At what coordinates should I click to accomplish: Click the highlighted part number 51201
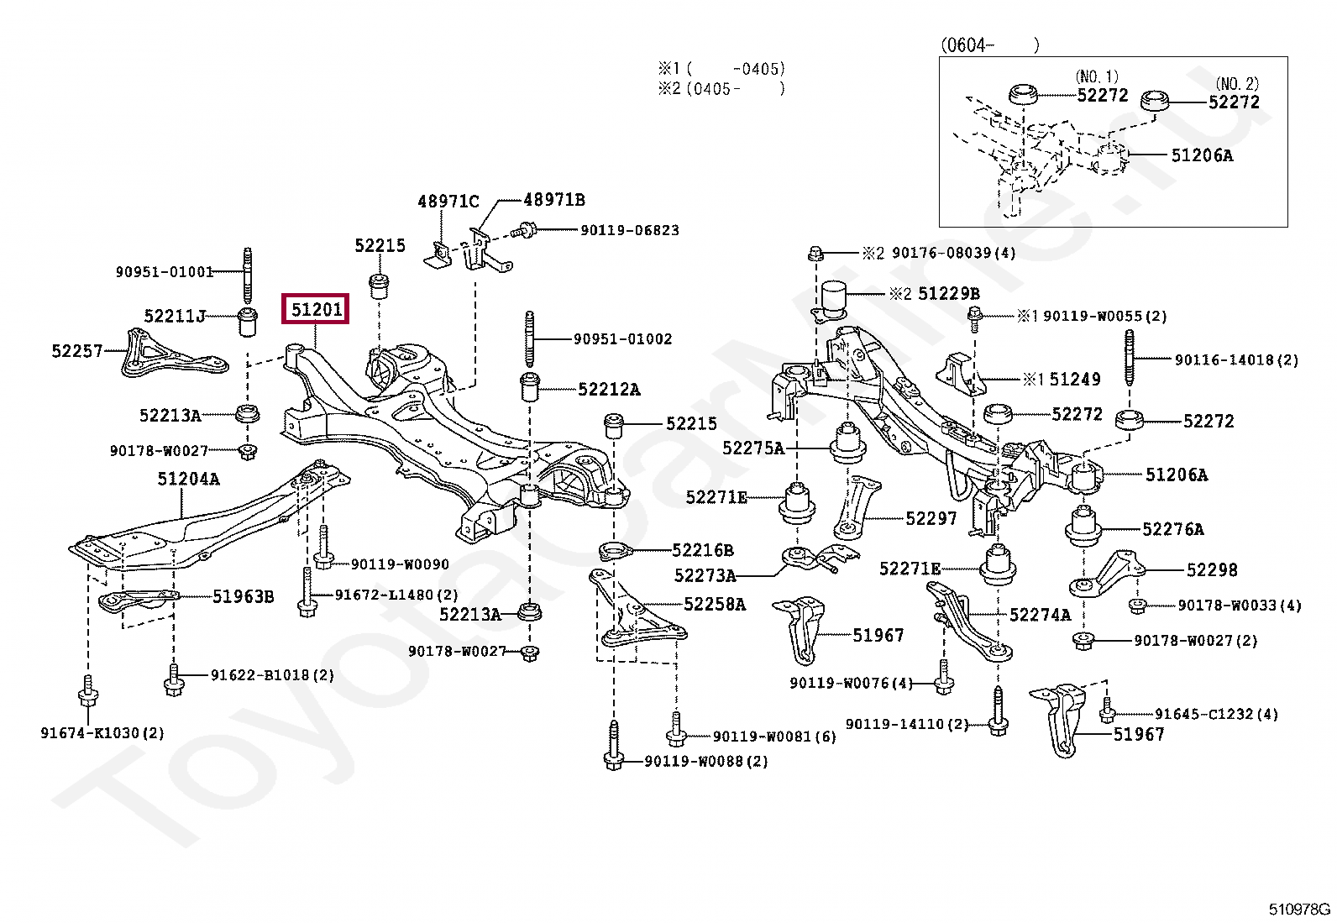click(316, 310)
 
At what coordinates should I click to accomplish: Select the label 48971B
click(553, 200)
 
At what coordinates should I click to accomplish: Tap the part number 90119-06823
click(629, 230)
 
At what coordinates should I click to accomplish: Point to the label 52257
click(76, 351)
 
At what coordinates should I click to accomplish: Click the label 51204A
click(188, 479)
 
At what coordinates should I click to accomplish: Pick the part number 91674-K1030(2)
click(102, 733)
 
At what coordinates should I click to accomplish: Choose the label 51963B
click(243, 597)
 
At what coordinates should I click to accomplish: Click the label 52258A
click(714, 605)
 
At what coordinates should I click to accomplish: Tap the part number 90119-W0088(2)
click(705, 762)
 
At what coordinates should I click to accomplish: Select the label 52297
click(931, 519)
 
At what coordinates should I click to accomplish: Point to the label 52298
click(1211, 570)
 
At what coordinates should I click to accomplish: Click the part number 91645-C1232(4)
click(1215, 715)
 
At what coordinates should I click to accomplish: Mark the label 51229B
click(948, 294)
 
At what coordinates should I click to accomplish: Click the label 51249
click(1074, 380)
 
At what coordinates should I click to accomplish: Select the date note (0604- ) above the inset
click(988, 45)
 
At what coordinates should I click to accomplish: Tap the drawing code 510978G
click(1299, 909)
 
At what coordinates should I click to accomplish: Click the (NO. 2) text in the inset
click(1237, 84)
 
